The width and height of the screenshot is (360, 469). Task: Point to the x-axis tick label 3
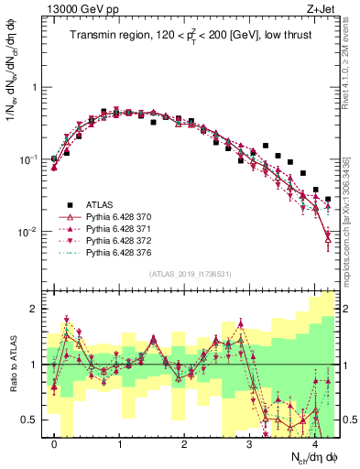coord(250,442)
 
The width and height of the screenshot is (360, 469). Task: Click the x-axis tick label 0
coord(55,442)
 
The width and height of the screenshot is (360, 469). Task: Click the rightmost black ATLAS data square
coord(328,199)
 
